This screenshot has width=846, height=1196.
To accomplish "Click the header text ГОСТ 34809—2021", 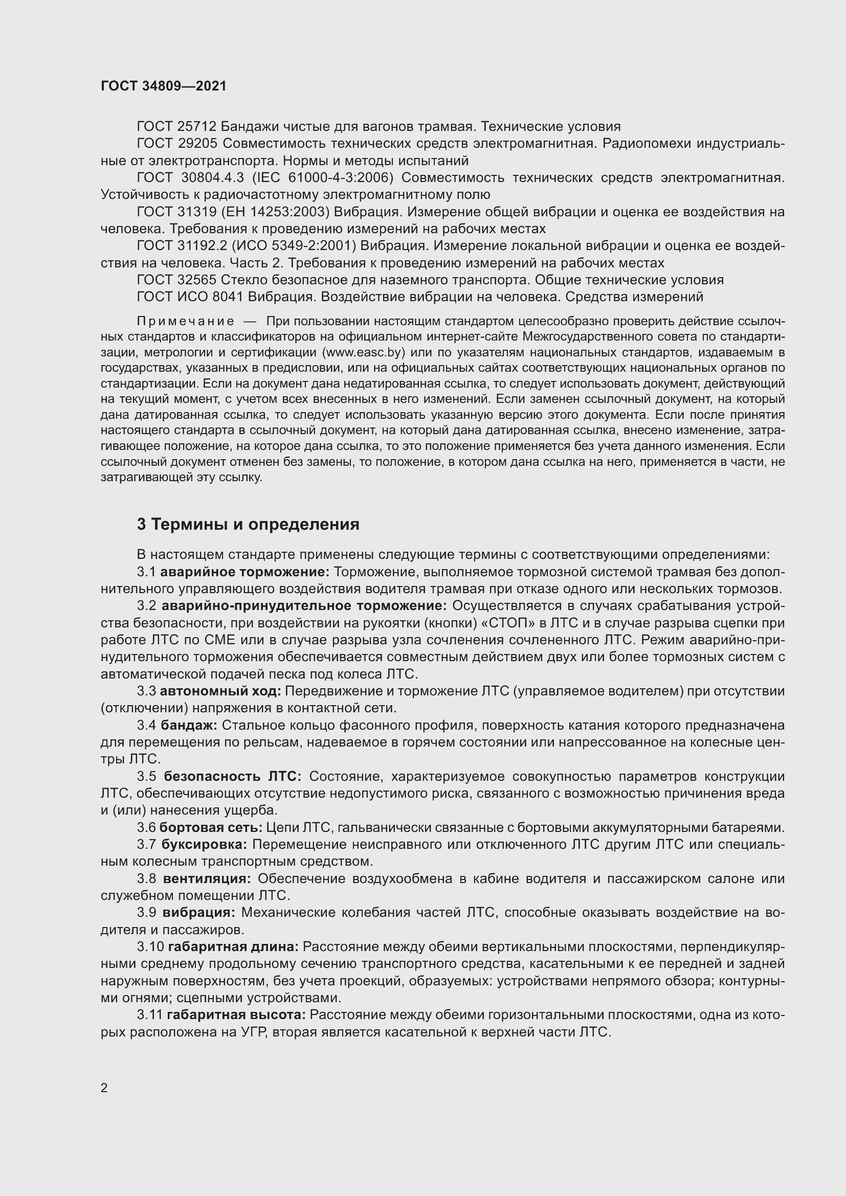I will point(164,86).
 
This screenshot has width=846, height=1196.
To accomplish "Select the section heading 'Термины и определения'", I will point(255,524).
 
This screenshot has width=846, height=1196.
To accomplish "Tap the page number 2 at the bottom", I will point(104,1088).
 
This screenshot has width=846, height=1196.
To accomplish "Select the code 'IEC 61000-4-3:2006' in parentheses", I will point(322,177).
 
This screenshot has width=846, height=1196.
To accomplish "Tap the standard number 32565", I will point(196,280).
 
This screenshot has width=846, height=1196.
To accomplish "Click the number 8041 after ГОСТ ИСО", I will point(228,297).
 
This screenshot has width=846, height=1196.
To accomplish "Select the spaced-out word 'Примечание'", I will point(186,322).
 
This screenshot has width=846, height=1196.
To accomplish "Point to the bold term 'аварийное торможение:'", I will point(245,572).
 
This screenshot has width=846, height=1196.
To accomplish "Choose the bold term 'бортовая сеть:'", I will point(211,828).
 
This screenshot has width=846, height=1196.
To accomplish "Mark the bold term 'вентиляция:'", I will point(207,879).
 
